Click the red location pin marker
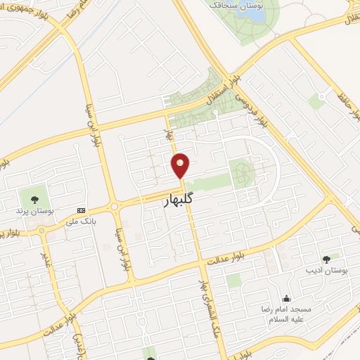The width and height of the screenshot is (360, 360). pyautogui.click(x=181, y=165)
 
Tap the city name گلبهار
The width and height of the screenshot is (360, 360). pyautogui.click(x=177, y=200)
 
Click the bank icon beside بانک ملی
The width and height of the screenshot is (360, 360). pyautogui.click(x=80, y=210)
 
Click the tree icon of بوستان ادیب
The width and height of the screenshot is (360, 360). pyautogui.click(x=325, y=259)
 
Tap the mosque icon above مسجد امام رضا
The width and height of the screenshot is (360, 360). pyautogui.click(x=285, y=298)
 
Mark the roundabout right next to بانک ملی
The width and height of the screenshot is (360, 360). pyautogui.click(x=112, y=207)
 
